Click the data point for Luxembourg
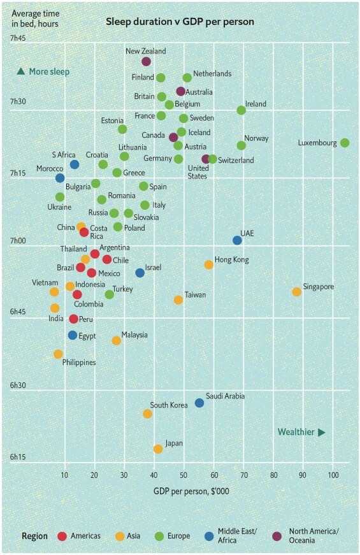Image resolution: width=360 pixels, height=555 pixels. [345, 143]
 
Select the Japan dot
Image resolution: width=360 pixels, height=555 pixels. [158, 449]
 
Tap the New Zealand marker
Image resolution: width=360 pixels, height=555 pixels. [146, 62]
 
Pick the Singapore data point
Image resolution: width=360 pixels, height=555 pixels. [296, 292]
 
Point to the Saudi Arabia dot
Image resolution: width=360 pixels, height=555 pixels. [199, 403]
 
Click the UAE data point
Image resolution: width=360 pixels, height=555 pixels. [237, 240]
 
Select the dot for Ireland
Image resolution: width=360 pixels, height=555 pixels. [241, 110]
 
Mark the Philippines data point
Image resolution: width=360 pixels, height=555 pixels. [58, 354]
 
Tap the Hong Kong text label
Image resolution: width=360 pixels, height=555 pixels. [231, 260]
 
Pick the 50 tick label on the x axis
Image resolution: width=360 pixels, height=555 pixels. [184, 475]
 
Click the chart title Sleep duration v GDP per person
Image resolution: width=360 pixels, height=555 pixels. [180, 22]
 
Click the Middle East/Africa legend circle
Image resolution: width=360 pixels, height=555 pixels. [207, 536]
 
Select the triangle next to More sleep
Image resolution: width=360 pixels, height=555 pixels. [21, 71]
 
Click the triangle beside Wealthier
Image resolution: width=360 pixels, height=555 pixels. [322, 433]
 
